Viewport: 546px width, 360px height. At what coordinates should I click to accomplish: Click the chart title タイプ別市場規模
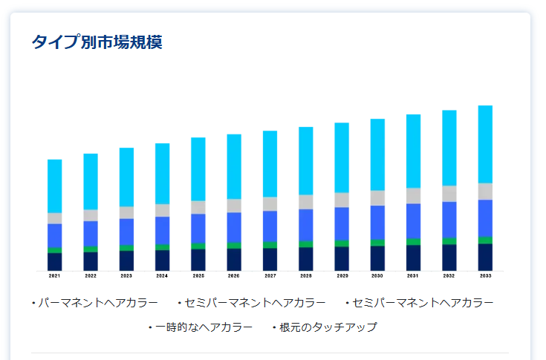tap(97, 42)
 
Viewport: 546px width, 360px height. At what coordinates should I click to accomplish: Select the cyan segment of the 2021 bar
tap(54, 186)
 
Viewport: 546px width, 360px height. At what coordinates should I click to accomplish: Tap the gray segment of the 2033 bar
tap(485, 191)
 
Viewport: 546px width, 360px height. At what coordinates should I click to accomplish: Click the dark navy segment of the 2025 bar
tap(198, 260)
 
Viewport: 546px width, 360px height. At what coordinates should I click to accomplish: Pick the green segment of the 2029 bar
tap(342, 243)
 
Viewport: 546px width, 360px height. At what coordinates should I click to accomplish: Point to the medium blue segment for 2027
tap(270, 226)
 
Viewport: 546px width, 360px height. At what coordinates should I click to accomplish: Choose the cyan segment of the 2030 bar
tap(377, 154)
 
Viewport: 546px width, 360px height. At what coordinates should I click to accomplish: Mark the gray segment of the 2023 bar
tap(126, 212)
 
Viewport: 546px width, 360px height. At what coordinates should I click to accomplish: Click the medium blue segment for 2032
tap(449, 219)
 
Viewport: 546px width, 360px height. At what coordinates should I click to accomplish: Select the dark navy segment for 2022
tap(91, 261)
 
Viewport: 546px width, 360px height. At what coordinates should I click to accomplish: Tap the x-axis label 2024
tap(162, 275)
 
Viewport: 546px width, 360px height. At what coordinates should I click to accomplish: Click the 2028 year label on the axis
tap(306, 275)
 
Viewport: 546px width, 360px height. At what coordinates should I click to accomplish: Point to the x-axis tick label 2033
tap(485, 275)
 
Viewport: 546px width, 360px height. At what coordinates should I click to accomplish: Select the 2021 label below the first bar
tap(54, 275)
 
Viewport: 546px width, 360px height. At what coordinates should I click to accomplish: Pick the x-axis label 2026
tap(234, 275)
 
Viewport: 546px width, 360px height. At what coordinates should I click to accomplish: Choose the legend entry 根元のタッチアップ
tap(328, 327)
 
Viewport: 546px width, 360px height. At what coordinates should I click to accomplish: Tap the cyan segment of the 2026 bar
tap(234, 166)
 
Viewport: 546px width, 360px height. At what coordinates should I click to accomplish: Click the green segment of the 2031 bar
tap(413, 242)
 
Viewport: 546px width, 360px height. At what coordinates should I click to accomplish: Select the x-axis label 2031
tap(413, 275)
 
